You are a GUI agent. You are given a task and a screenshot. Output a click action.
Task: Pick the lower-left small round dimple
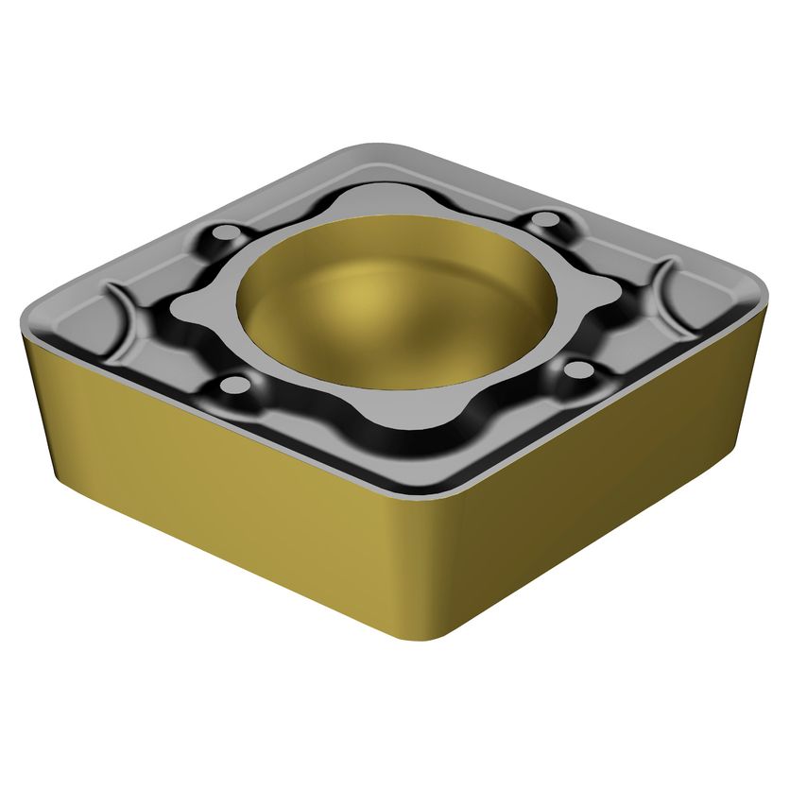(x=232, y=385)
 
